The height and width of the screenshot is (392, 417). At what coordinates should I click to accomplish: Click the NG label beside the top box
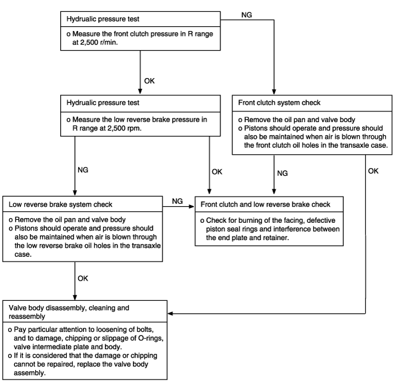(x=247, y=15)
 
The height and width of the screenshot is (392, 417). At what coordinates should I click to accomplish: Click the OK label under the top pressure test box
(x=149, y=81)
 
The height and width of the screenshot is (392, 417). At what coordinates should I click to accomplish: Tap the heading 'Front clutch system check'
(x=279, y=102)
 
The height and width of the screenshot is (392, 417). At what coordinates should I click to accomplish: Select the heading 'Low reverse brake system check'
(x=60, y=204)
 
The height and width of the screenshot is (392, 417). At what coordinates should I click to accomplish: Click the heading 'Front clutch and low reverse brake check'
(x=266, y=204)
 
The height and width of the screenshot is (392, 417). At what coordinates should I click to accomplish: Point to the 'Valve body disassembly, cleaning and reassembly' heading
(x=69, y=312)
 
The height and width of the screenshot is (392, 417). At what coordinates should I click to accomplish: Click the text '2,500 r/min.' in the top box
(x=95, y=42)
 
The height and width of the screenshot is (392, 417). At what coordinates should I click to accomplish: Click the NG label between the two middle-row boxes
(x=178, y=201)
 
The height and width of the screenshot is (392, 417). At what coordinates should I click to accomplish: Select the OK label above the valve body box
(x=83, y=278)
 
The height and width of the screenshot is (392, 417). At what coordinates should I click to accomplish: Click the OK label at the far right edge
(x=373, y=171)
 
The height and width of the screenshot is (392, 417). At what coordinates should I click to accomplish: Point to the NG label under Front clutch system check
(x=282, y=173)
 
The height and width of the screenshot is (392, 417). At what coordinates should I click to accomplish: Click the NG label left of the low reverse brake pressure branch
(x=83, y=170)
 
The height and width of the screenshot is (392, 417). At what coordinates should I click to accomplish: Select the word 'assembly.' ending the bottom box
(x=30, y=373)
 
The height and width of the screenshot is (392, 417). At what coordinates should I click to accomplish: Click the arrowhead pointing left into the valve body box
(x=170, y=313)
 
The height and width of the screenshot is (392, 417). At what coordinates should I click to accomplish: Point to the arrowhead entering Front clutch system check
(x=274, y=92)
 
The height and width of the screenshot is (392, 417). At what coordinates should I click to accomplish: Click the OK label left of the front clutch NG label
(x=217, y=172)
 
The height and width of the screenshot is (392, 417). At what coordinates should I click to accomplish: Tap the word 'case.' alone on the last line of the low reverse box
(x=23, y=254)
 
